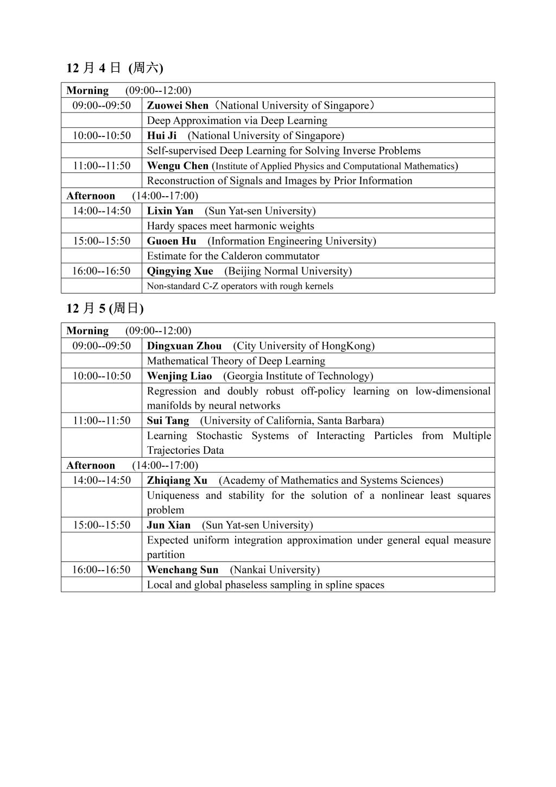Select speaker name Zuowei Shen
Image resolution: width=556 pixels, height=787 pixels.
point(178,105)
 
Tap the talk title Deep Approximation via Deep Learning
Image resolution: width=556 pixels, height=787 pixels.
point(237,121)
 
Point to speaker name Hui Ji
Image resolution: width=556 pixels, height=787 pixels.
point(162,136)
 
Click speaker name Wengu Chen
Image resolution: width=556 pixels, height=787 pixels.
point(178,166)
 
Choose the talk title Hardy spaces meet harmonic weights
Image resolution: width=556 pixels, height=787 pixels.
point(230,226)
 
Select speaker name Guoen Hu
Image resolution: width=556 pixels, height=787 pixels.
point(172,241)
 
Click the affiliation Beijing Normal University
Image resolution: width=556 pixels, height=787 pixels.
point(288,271)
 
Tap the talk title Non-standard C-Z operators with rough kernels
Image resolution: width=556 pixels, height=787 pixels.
point(240,286)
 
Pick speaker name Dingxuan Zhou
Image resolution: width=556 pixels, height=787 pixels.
point(184,346)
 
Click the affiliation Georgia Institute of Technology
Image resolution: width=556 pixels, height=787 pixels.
point(298,376)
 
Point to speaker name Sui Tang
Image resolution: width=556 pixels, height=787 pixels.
point(168,421)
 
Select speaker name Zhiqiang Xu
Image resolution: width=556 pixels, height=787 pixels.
point(177,480)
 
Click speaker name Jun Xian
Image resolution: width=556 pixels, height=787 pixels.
point(168,525)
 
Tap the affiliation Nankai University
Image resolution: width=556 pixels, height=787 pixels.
point(275,570)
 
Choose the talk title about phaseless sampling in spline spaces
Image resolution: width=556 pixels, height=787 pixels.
point(266,585)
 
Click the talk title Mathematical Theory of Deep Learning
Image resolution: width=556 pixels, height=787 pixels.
point(236,361)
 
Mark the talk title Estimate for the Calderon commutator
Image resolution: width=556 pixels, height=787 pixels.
point(233,256)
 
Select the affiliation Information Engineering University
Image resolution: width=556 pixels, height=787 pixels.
point(292,241)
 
